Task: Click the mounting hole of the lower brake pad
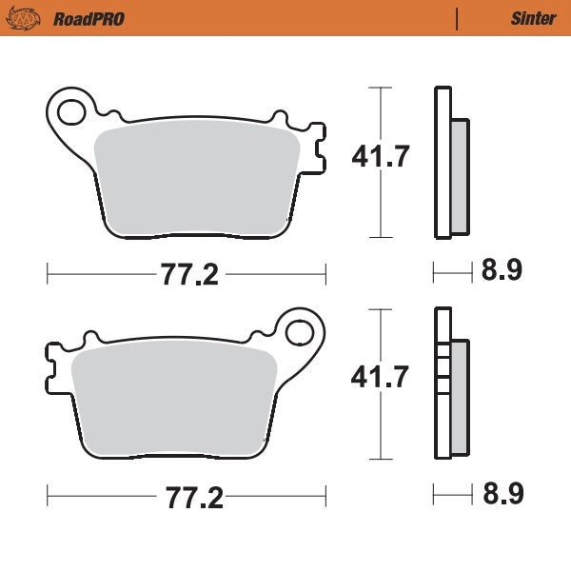[301, 332]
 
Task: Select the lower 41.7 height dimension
[381, 378]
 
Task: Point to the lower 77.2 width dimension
[188, 497]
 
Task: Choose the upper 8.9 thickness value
[501, 272]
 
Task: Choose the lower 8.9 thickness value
[501, 494]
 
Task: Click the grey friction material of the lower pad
[171, 400]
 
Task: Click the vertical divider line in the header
[458, 18]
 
